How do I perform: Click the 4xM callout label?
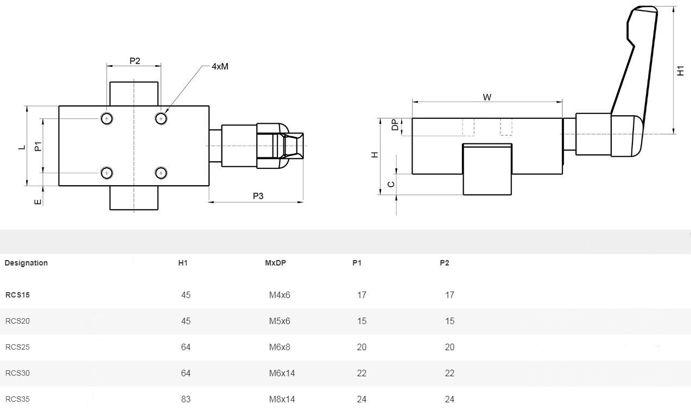click(220, 66)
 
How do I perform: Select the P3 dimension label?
click(258, 195)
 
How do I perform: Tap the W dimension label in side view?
click(487, 97)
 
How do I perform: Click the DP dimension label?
click(395, 125)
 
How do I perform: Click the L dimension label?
click(22, 147)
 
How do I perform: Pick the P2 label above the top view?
click(135, 61)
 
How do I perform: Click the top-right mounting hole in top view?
click(161, 118)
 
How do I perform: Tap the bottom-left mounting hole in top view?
click(107, 173)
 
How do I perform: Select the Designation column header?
click(26, 263)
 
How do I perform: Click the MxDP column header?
click(275, 263)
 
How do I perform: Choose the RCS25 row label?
click(17, 347)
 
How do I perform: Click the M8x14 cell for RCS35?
click(282, 399)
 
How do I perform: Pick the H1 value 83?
click(186, 399)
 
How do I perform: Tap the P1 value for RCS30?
click(362, 373)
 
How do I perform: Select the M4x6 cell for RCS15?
click(280, 295)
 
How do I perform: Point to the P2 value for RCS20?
click(449, 321)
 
